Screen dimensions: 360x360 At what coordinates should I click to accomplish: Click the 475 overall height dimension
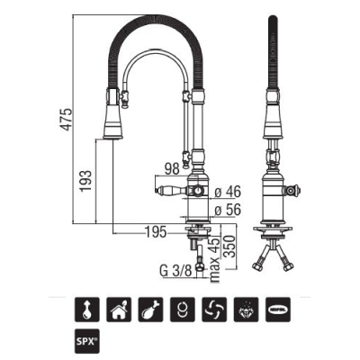(67, 119)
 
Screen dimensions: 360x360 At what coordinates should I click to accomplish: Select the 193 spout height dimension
(85, 181)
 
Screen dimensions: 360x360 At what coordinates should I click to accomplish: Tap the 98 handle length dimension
(172, 169)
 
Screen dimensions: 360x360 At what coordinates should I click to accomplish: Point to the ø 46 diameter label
(228, 192)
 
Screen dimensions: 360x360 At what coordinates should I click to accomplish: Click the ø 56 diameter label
(228, 210)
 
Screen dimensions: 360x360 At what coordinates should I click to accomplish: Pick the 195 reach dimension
(156, 232)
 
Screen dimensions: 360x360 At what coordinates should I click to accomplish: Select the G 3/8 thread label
(175, 272)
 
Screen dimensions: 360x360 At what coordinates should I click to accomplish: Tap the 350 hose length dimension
(229, 247)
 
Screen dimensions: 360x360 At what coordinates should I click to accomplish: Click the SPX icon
(86, 341)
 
